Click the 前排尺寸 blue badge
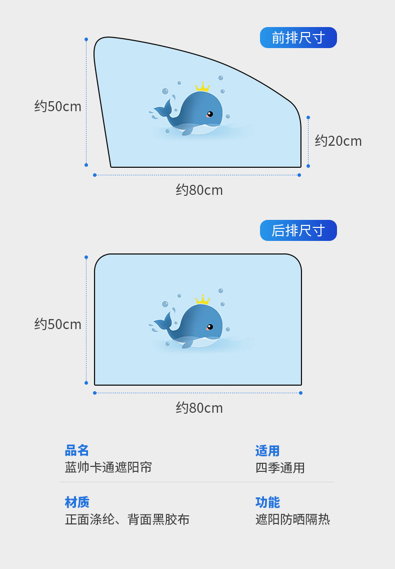coord(298,38)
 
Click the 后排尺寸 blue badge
coord(298,230)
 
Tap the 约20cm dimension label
coord(338,141)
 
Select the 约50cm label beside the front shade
coord(58,106)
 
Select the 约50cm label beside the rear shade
coord(58,324)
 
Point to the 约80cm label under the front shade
coord(199,190)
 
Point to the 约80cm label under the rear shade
coord(199,408)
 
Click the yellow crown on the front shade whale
coord(202,87)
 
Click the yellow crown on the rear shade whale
coord(202,300)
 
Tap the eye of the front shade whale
coord(210,114)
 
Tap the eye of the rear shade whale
coord(210,327)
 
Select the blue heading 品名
coord(77,451)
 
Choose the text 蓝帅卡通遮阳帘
coord(108,467)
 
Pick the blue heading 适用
coord(267,451)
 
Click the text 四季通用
coord(280,468)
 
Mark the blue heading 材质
coord(77,502)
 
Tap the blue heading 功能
coord(267,502)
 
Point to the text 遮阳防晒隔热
coord(292,519)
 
